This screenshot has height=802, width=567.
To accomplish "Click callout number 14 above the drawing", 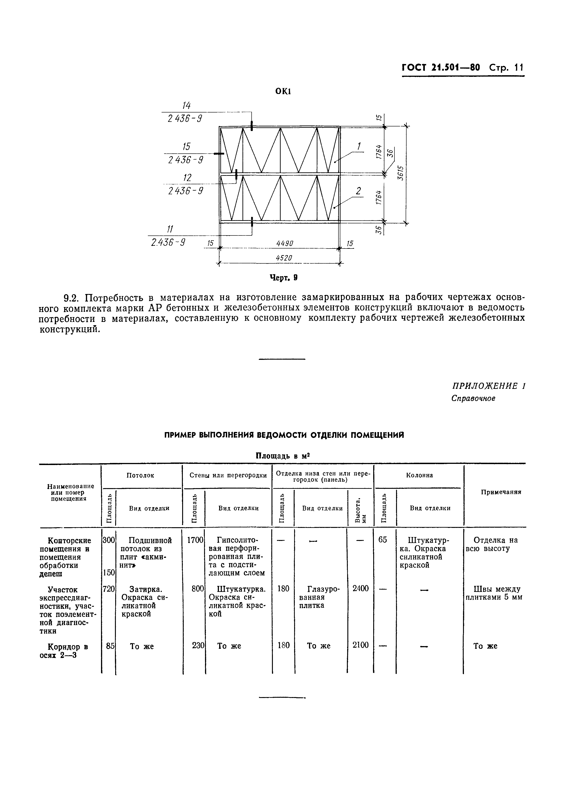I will [x=186, y=105].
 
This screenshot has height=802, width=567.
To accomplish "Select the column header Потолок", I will [x=140, y=475].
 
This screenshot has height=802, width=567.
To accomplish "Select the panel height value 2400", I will [x=360, y=588].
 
